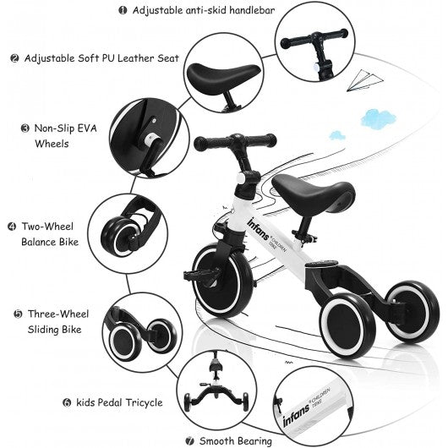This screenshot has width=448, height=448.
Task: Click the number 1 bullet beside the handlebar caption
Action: click(x=123, y=11)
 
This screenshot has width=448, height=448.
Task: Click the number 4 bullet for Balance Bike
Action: click(x=12, y=227)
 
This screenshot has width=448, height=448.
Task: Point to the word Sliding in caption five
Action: click(x=43, y=330)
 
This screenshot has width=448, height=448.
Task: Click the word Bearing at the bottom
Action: click(x=255, y=441)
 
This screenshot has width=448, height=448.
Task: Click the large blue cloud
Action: click(x=378, y=118)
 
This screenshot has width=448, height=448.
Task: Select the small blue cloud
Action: click(x=337, y=135)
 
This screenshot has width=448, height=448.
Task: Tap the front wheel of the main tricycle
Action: click(x=223, y=280)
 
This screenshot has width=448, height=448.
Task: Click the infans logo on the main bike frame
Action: click(x=258, y=229)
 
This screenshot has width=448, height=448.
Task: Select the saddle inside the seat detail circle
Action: click(x=223, y=76)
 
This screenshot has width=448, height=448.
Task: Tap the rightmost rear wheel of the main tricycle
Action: click(x=412, y=311)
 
